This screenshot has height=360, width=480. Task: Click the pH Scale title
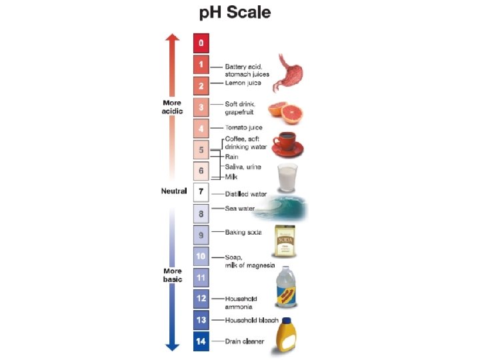pos(237,13)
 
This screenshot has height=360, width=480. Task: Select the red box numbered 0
pos(201,43)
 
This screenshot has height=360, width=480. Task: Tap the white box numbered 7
pos(201,192)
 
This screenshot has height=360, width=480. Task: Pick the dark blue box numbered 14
pos(201,342)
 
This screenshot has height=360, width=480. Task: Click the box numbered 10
pos(201,256)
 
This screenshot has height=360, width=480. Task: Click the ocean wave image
pos(283,209)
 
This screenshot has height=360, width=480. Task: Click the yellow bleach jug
pos(289,333)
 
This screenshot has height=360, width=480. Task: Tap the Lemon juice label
pos(243,83)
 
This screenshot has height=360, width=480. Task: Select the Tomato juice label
pos(243,127)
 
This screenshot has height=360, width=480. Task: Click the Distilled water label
pos(245,194)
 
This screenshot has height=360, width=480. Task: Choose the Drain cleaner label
pos(244,342)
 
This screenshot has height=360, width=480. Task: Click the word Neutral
pos(173,191)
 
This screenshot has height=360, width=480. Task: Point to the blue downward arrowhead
pos(173,346)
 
